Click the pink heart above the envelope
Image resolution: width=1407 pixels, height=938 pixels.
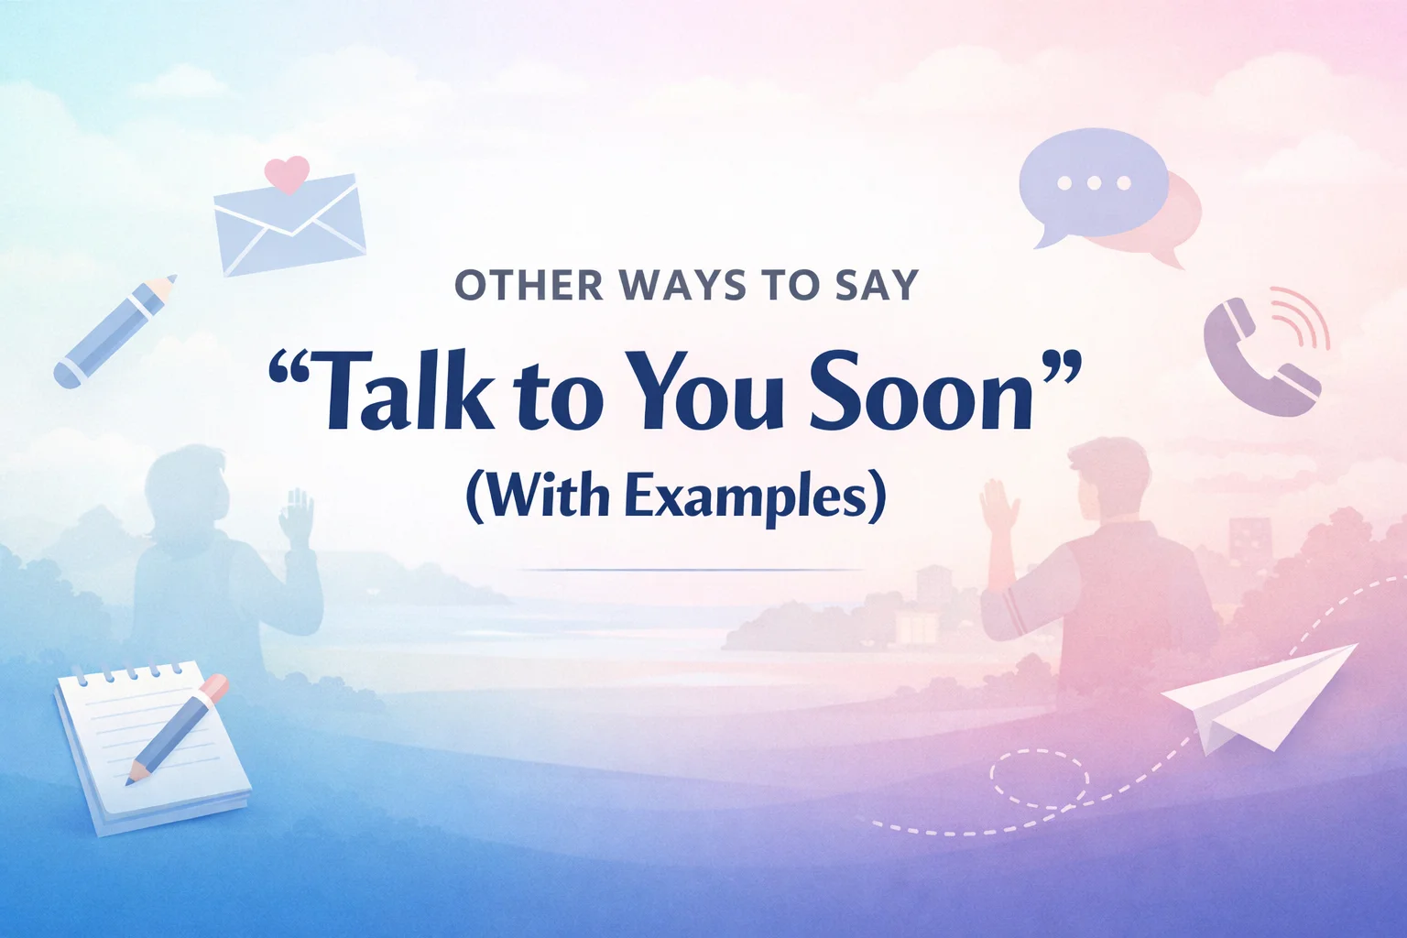pyautogui.click(x=287, y=173)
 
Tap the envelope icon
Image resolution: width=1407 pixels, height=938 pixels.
pyautogui.click(x=289, y=225)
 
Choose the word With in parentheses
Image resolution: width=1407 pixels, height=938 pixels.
pyautogui.click(x=546, y=496)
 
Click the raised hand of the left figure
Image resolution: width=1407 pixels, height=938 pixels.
pyautogui.click(x=297, y=517)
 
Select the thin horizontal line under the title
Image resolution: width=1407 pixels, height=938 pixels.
pyautogui.click(x=692, y=570)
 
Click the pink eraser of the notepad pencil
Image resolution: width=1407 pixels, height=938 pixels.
pyautogui.click(x=213, y=688)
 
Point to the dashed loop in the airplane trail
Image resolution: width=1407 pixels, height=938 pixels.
pyautogui.click(x=1040, y=779)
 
